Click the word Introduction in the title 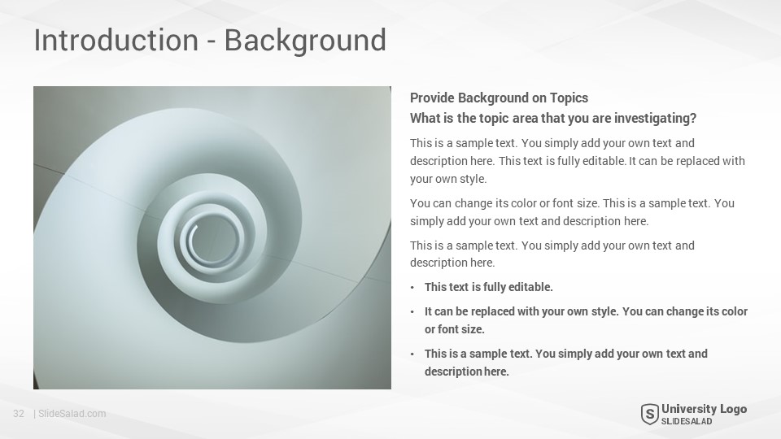[116, 40]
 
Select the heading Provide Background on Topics [499, 98]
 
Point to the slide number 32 [19, 414]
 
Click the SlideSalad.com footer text [72, 414]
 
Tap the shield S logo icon [649, 414]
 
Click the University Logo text [704, 409]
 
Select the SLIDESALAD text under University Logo [687, 422]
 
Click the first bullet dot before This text [412, 288]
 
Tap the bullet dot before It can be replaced [412, 312]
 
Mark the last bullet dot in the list [412, 354]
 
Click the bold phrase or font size [454, 329]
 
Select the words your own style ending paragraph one [447, 179]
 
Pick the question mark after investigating [693, 118]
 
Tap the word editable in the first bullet [530, 287]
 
